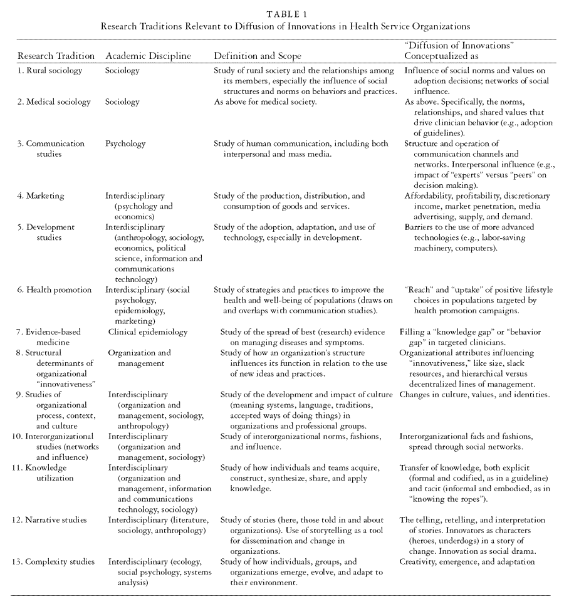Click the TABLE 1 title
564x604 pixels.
pos(282,12)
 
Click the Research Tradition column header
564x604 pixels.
pos(56,56)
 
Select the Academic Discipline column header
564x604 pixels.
pos(148,56)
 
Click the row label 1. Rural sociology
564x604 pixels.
pos(50,71)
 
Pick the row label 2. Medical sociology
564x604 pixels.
pos(54,102)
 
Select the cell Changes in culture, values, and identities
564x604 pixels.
pos(474,395)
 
